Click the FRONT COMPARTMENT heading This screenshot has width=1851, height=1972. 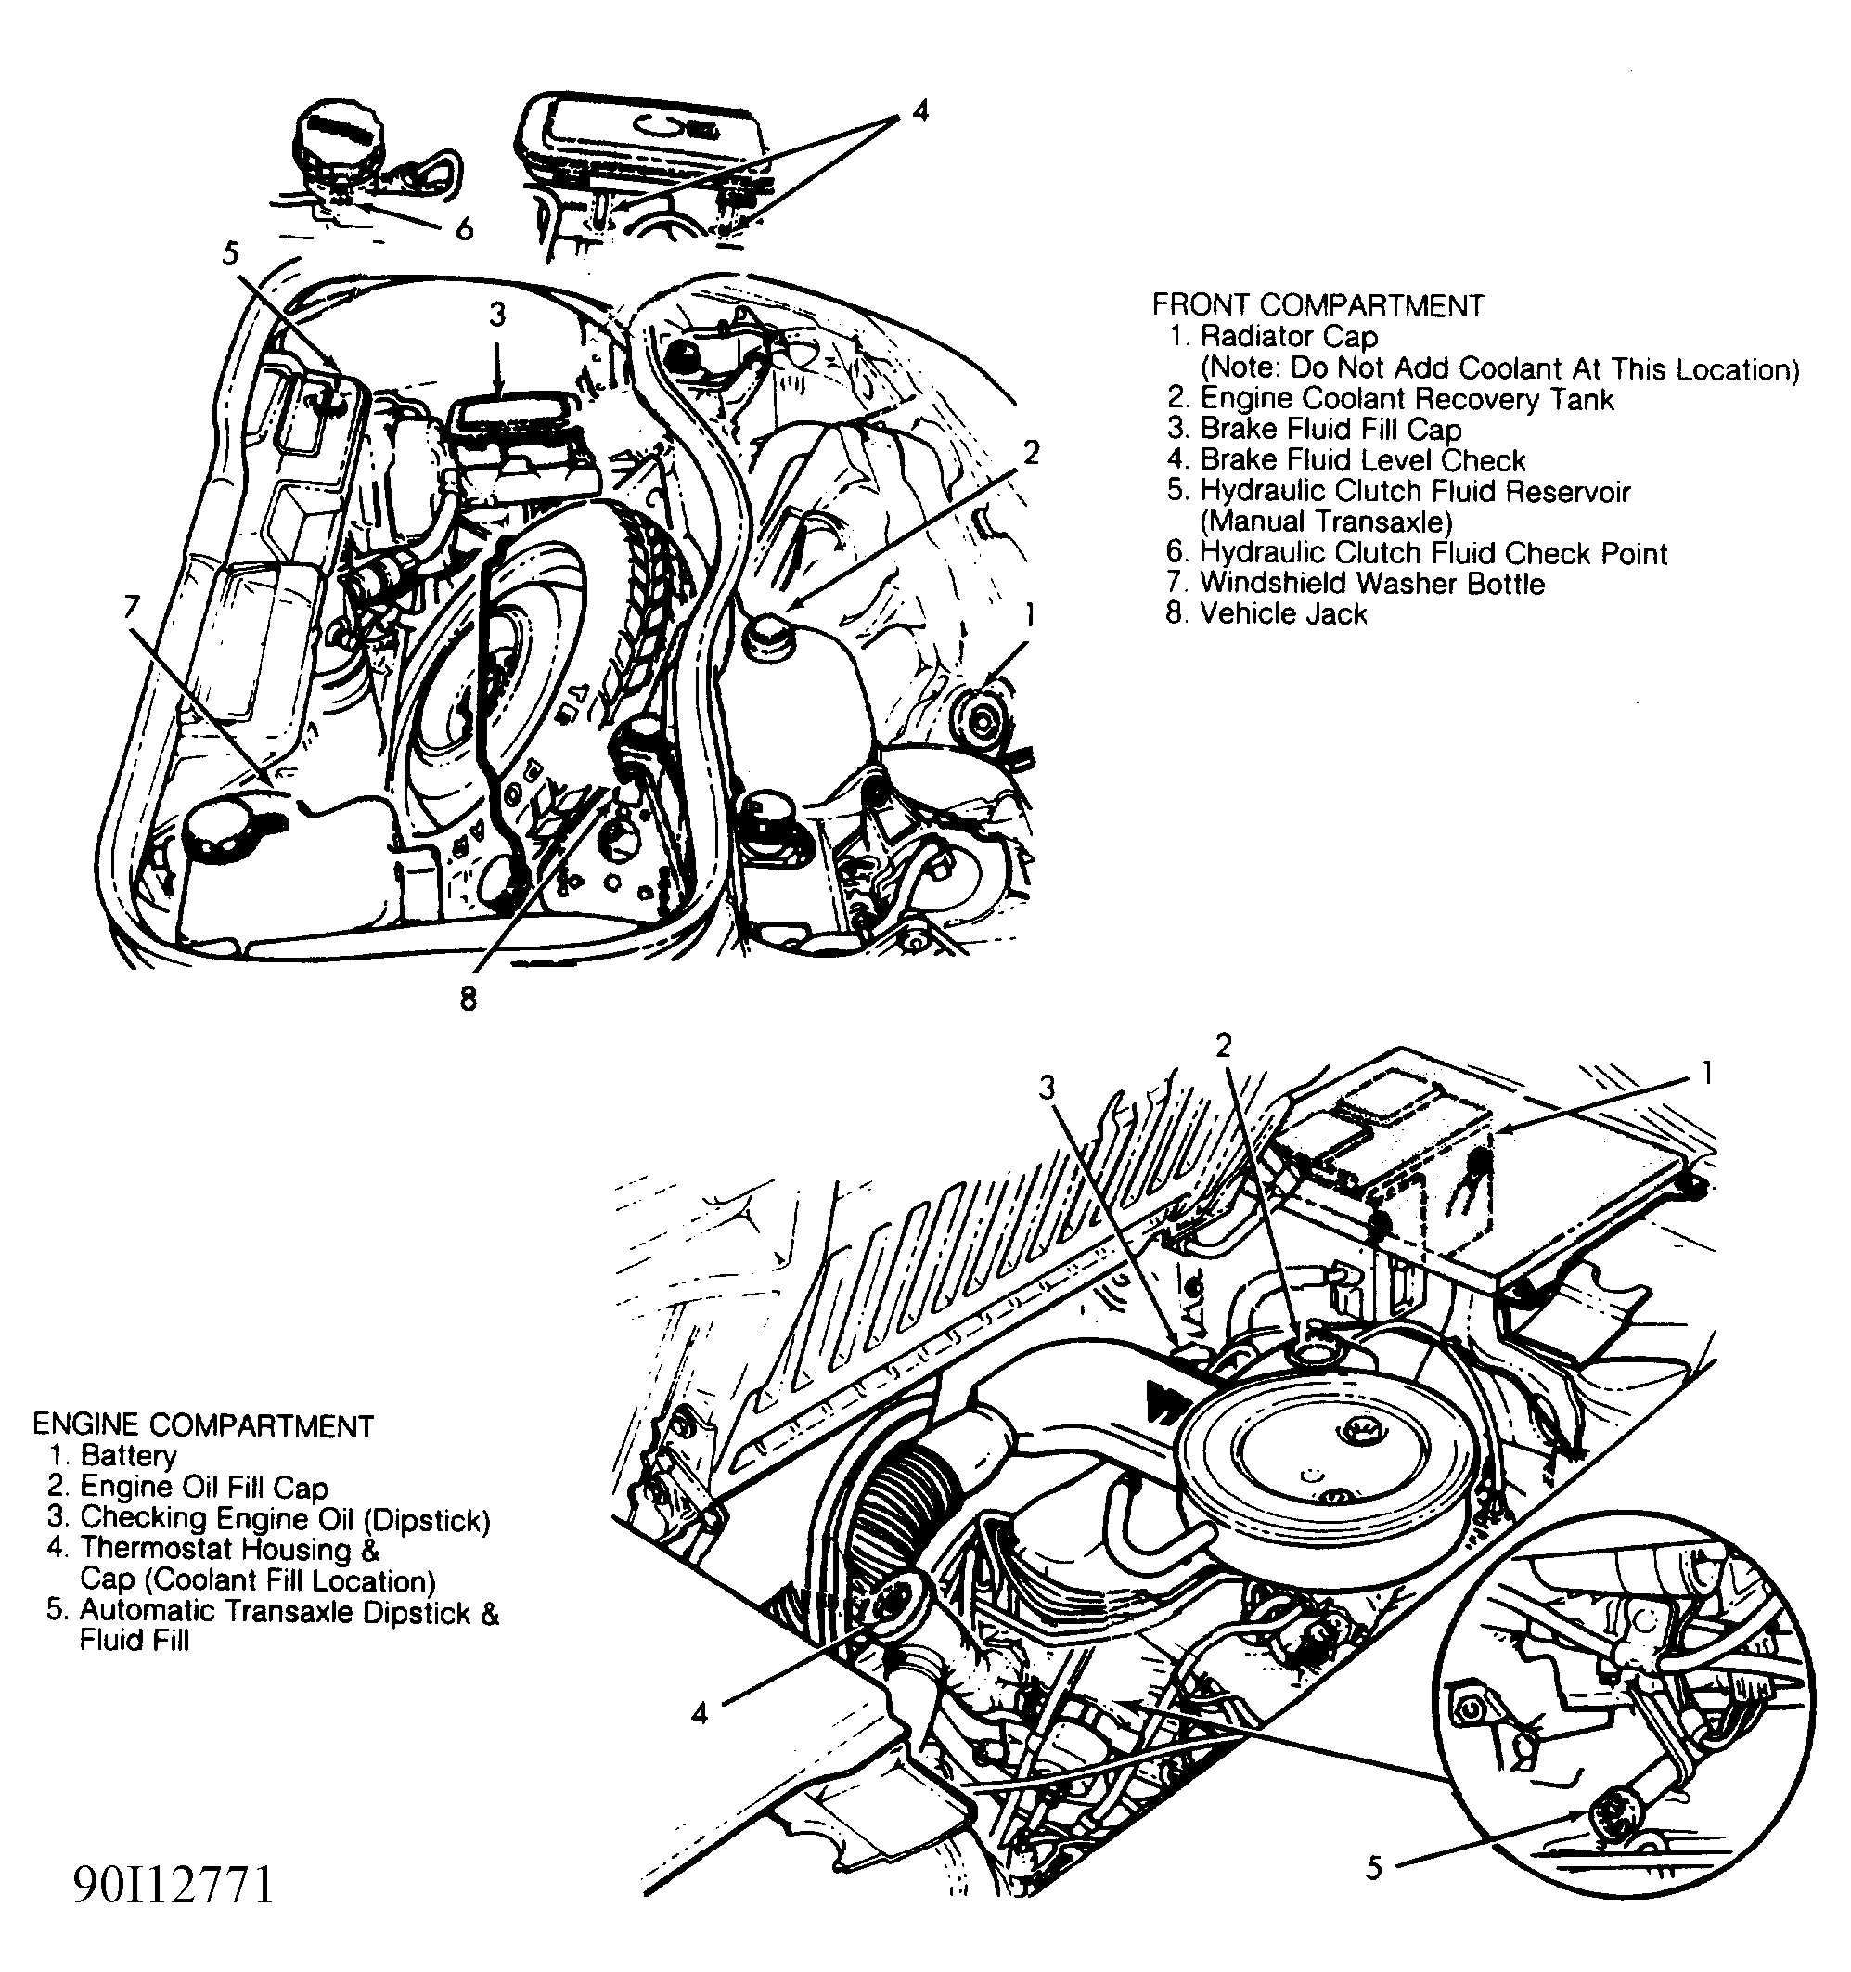pos(1318,304)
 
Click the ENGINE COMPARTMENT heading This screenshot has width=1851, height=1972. pos(202,1425)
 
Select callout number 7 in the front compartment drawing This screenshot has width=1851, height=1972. pos(132,607)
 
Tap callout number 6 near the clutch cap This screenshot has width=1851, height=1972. pos(463,230)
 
